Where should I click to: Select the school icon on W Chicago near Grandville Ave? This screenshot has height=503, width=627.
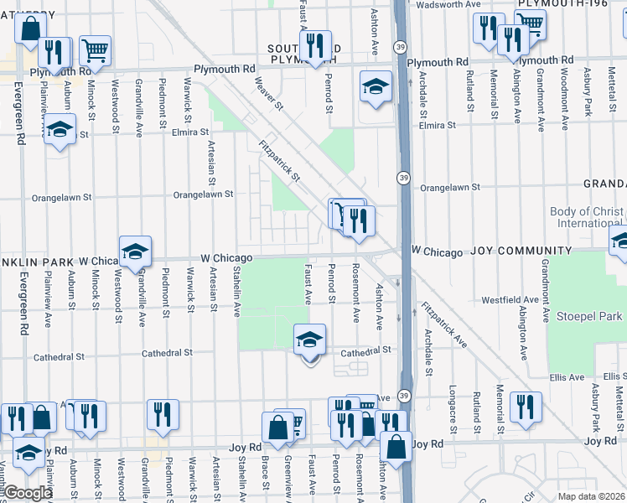(134, 250)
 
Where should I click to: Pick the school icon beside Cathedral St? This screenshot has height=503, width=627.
(309, 340)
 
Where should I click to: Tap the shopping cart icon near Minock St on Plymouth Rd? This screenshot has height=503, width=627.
(96, 50)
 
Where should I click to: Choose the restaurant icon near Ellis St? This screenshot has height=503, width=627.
(525, 407)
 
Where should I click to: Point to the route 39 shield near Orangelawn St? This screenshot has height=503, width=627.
(404, 178)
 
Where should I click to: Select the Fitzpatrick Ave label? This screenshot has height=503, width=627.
(444, 324)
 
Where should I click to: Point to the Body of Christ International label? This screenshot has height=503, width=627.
(587, 218)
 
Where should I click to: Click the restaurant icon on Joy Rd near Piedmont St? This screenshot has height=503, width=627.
(163, 414)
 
